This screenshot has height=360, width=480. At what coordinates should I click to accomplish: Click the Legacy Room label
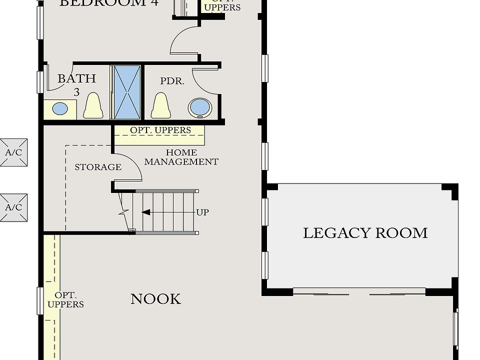365,233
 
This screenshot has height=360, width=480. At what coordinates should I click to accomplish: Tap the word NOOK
155,299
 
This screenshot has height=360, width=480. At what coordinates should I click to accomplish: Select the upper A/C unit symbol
13,152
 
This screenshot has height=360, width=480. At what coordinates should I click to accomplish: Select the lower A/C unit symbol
13,207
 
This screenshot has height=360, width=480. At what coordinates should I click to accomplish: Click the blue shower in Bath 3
126,92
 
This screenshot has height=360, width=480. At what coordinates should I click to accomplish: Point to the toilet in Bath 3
93,105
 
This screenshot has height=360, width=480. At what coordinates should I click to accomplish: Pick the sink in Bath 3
60,108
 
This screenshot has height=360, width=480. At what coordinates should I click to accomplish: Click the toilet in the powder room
161,105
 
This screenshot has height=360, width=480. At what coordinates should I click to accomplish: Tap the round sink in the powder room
199,107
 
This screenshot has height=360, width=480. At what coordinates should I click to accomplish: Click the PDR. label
172,81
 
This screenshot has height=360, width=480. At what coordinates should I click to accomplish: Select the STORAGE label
98,167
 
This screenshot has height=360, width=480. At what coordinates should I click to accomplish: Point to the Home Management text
181,157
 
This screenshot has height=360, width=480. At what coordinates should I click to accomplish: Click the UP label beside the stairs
202,212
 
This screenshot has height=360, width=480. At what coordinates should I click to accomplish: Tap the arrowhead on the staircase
146,212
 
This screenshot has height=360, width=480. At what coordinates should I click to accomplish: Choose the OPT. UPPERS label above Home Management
160,130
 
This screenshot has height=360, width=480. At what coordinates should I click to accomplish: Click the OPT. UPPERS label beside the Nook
65,299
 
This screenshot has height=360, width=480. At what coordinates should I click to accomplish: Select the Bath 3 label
76,84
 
